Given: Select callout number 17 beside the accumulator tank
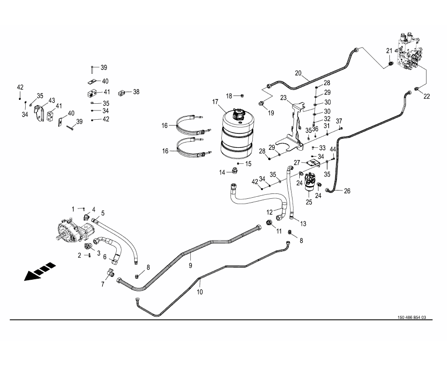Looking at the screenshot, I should coord(215,102).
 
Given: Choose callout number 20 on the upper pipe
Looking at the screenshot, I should coord(298,74).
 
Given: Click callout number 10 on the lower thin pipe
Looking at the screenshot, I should coord(199,292).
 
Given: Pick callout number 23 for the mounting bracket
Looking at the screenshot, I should coord(284,98).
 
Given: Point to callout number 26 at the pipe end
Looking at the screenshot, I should coord(347,191).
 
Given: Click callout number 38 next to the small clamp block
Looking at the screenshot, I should coord(136,92).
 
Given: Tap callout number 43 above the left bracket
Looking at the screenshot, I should coord(52,100).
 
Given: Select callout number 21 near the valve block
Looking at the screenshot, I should coord(389,51).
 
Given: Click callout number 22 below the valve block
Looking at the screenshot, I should coord(427,96).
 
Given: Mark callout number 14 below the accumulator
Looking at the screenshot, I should coord(222,172).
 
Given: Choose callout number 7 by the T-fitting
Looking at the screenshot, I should coord(103,284).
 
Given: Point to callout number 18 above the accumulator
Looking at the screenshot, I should coord(230,95).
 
